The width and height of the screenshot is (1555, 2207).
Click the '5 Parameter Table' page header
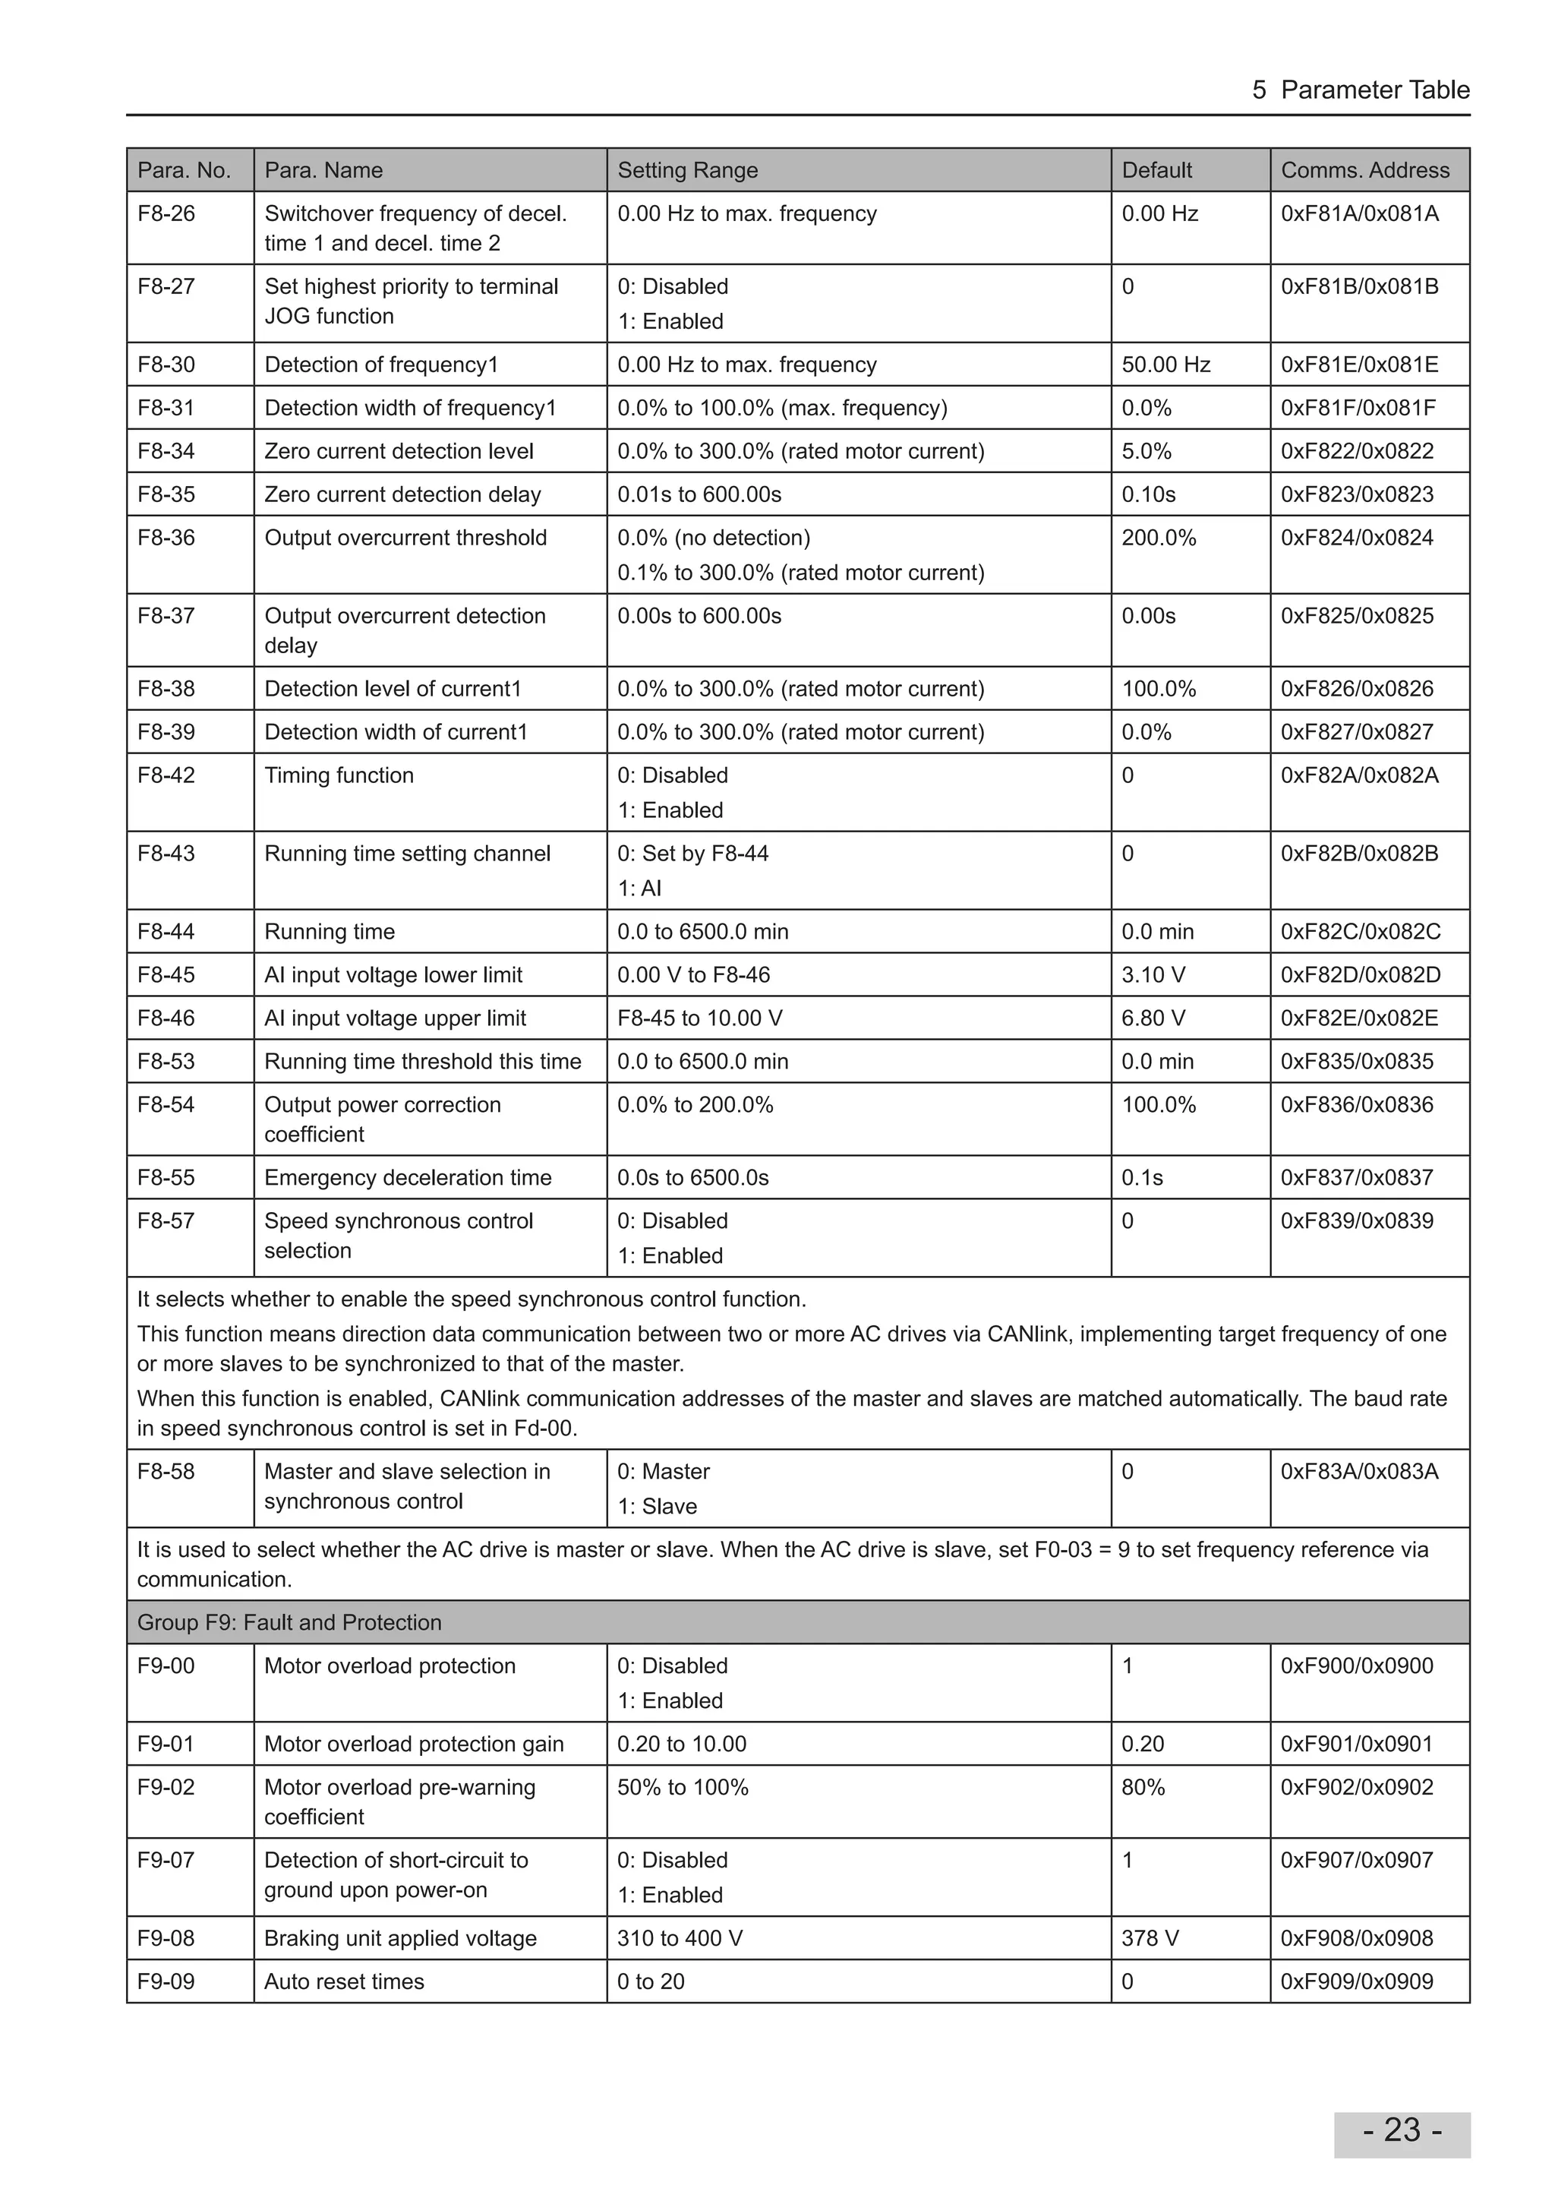coord(1360,90)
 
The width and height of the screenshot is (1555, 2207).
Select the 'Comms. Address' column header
coord(1364,170)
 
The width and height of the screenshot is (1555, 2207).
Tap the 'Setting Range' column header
coord(687,170)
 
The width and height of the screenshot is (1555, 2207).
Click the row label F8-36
coord(166,538)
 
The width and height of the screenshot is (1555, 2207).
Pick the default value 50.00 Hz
coord(1165,365)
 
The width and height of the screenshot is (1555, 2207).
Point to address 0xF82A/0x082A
coord(1359,775)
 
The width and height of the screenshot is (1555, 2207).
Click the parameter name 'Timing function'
coord(339,775)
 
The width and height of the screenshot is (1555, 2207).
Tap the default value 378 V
coord(1150,1938)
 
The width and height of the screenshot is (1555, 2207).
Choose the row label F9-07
coord(166,1860)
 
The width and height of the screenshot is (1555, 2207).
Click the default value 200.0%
coord(1158,538)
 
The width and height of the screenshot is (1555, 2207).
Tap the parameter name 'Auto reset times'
coord(344,1981)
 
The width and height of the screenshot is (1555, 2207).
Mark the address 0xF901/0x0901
coord(1356,1744)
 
